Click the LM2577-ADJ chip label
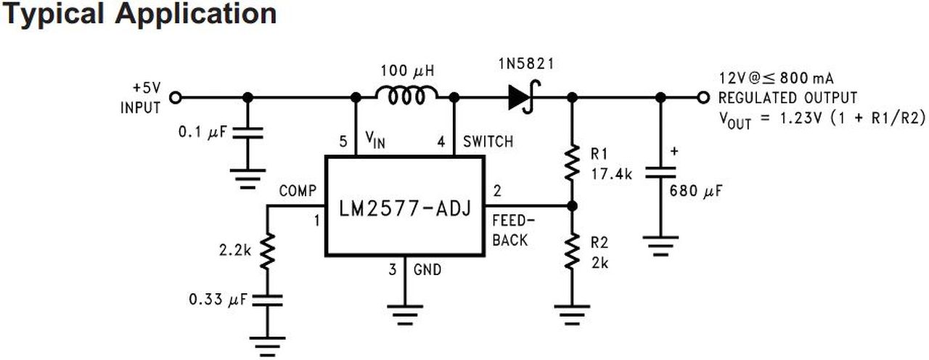click(x=405, y=208)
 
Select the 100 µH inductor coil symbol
click(x=406, y=95)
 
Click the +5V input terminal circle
click(x=176, y=98)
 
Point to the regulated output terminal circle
click(x=703, y=98)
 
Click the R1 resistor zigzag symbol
click(x=572, y=162)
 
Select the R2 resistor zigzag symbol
click(x=572, y=251)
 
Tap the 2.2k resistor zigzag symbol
click(x=268, y=251)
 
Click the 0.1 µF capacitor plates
click(x=247, y=133)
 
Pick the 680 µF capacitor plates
click(x=660, y=173)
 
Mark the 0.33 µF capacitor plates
click(x=268, y=300)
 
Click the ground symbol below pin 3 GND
click(x=405, y=315)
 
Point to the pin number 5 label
click(x=343, y=142)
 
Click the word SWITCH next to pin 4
click(x=488, y=142)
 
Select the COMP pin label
click(x=298, y=191)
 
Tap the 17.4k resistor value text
click(x=611, y=174)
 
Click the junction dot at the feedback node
click(x=572, y=205)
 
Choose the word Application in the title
click(x=196, y=14)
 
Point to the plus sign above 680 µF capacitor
click(x=674, y=152)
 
